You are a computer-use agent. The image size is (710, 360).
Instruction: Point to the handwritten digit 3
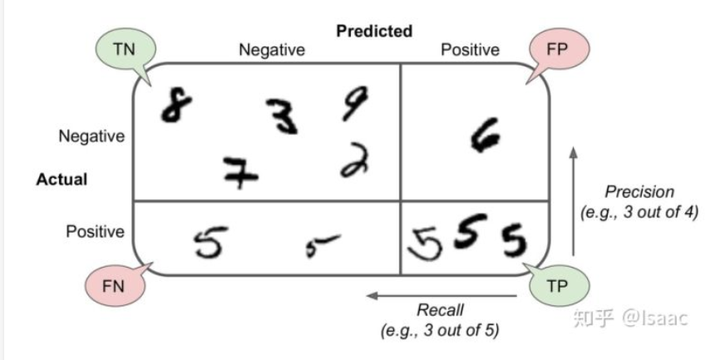[x=283, y=115]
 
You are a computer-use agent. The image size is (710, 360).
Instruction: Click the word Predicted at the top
[x=374, y=32]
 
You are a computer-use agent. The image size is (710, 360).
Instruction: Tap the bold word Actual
[x=62, y=179]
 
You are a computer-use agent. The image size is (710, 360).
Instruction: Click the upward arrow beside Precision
[x=572, y=200]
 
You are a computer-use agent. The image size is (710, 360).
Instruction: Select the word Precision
[x=639, y=192]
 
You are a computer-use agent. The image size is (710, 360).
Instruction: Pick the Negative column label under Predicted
[x=272, y=50]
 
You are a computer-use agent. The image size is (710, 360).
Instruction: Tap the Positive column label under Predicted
[x=470, y=50]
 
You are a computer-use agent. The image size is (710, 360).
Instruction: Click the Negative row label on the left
[x=91, y=136]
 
